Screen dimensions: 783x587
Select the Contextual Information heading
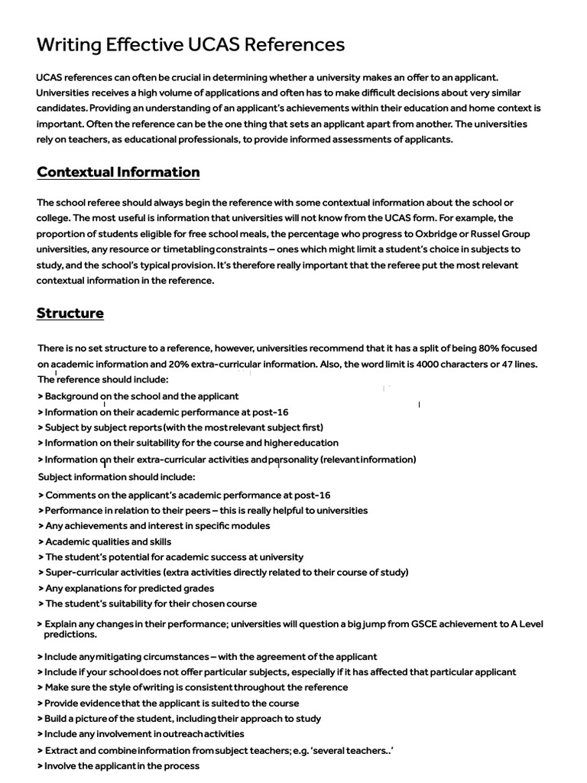118,172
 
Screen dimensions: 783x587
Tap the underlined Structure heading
70,314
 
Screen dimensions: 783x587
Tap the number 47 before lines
511,364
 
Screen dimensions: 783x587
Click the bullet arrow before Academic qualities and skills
40,541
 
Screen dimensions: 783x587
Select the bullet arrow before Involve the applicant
40,765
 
